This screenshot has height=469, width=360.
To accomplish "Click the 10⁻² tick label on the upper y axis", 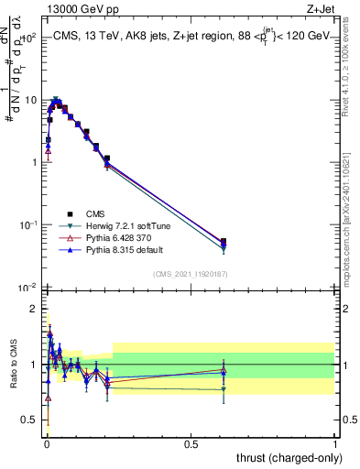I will [x=28, y=288].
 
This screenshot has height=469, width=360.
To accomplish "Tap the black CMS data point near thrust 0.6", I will [x=224, y=242].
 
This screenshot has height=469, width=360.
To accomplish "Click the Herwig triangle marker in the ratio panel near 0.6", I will [x=224, y=389].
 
